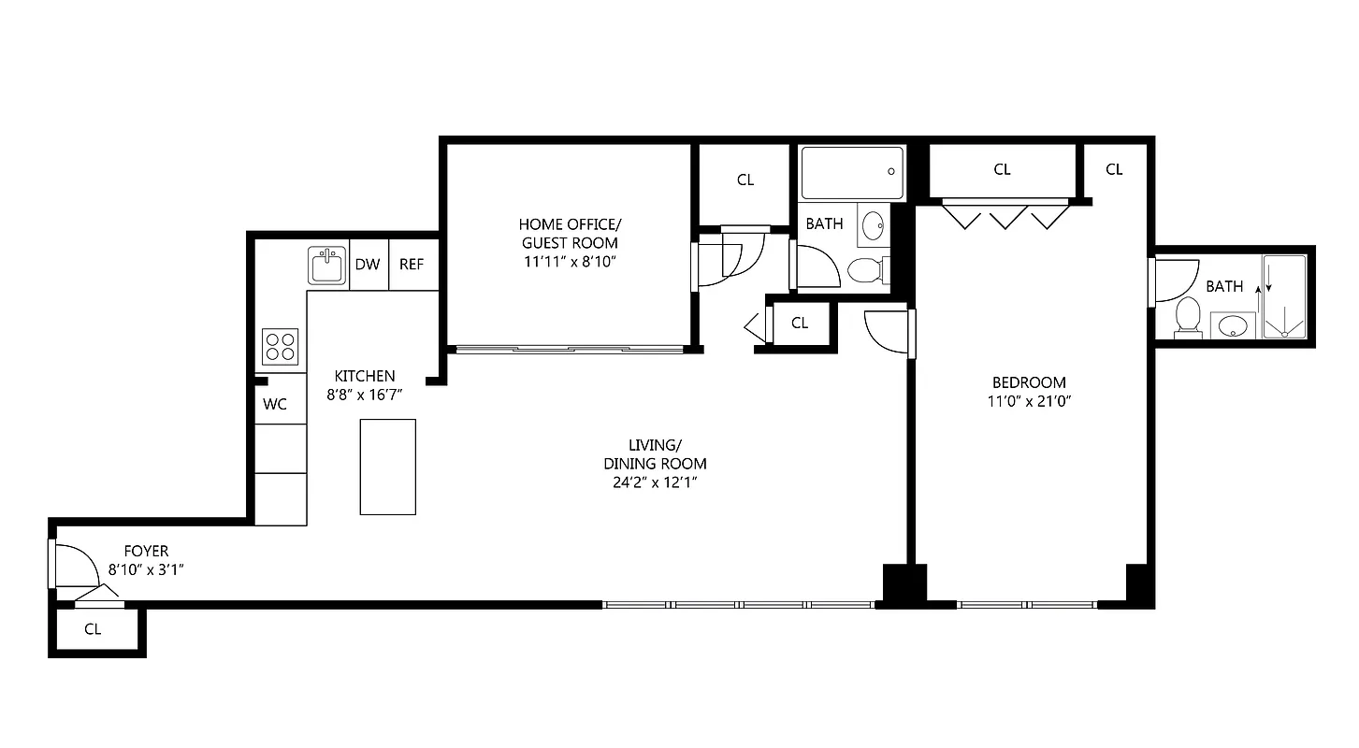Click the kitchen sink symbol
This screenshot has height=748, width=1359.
coord(328,265)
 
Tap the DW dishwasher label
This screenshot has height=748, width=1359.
coord(368,265)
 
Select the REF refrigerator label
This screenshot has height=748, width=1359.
coord(412,265)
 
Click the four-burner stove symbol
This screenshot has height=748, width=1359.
coord(280,347)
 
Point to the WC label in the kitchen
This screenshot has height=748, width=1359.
coord(275,405)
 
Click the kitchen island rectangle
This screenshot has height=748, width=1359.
coord(388,467)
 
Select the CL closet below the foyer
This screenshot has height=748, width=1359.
coord(93,629)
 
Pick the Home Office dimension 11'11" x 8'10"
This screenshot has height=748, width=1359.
coord(569,262)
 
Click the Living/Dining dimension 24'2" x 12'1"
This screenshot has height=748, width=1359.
coord(655,482)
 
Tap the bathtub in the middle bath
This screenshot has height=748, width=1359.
coord(852,172)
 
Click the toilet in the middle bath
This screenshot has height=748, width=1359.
coord(864,271)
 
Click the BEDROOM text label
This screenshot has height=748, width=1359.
coord(1029,382)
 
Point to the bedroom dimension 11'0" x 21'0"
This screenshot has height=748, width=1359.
coord(1029,402)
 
